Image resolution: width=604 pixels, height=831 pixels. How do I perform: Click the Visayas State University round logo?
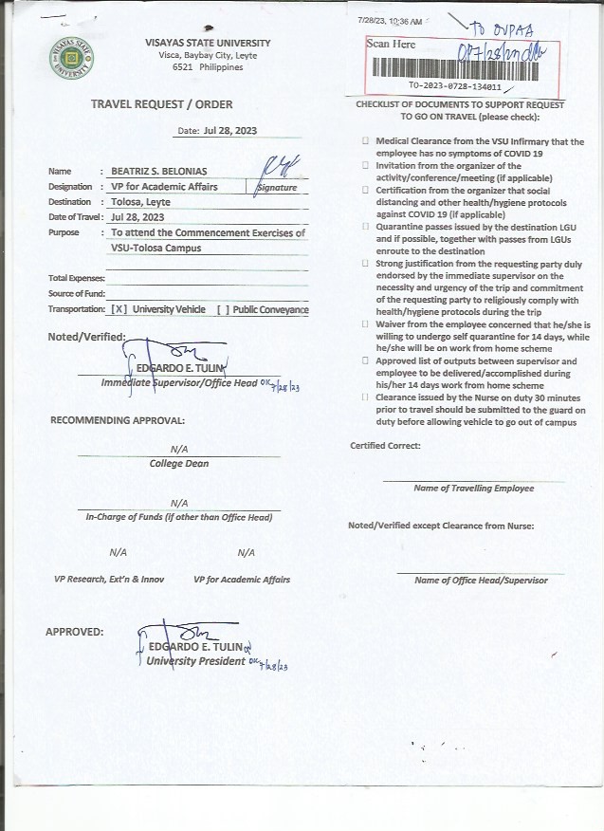(x=71, y=56)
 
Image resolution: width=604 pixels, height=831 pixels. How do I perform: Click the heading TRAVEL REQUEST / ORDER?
(x=161, y=104)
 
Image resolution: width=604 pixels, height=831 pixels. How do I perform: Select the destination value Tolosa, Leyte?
(x=141, y=202)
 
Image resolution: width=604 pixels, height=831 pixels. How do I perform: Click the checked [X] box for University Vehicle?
(x=119, y=310)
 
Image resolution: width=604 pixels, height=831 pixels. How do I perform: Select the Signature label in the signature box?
(x=277, y=188)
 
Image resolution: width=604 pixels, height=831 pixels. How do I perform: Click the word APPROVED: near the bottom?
(x=75, y=632)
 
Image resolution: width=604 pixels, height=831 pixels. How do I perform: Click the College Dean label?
(x=178, y=464)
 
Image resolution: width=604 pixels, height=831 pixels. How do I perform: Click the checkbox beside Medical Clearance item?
(x=365, y=141)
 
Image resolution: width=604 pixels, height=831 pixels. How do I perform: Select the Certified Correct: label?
(x=385, y=446)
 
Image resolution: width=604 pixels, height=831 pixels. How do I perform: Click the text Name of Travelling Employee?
(x=473, y=489)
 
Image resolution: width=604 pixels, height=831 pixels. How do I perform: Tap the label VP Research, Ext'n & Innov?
(x=109, y=580)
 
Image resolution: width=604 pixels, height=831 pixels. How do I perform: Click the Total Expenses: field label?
(x=77, y=278)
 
